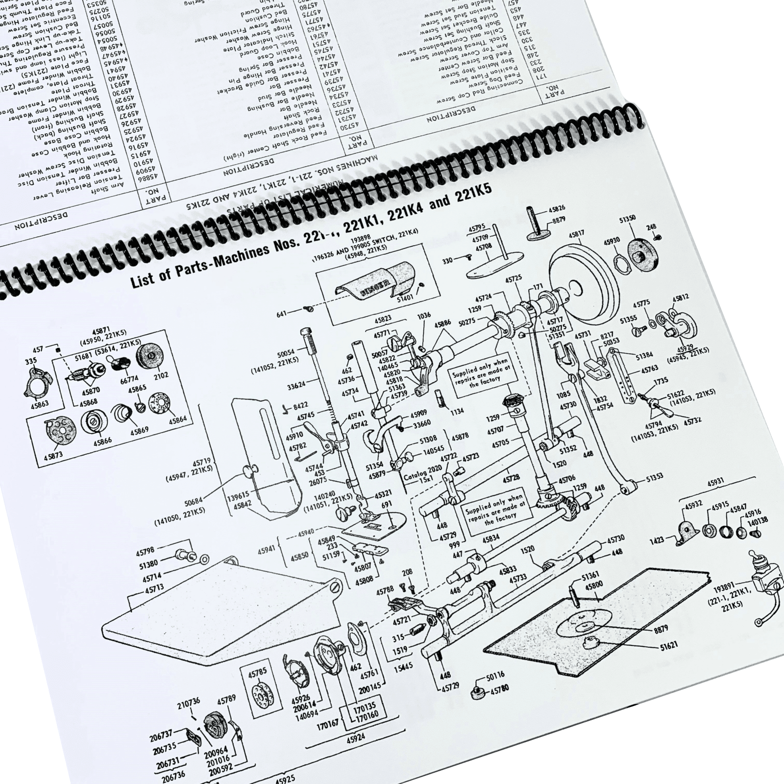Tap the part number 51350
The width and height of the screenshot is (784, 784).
[628, 219]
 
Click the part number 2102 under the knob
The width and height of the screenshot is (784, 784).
[160, 375]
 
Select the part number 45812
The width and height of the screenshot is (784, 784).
[681, 297]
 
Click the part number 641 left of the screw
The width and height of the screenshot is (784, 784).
[281, 314]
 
